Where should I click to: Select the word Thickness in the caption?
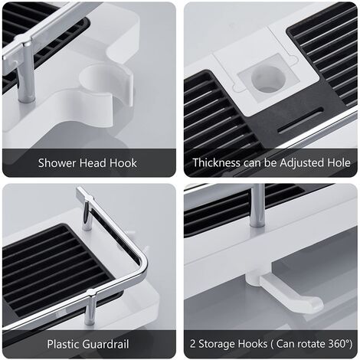click(x=216, y=162)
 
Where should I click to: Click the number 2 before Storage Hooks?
click(x=192, y=344)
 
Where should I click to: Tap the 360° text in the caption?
click(x=341, y=344)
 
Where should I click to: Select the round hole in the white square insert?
click(x=267, y=79)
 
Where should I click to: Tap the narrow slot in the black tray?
click(x=300, y=120)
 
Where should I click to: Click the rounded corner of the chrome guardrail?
click(x=142, y=263)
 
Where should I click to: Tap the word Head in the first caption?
click(x=93, y=163)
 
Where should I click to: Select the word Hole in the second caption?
click(x=339, y=162)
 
